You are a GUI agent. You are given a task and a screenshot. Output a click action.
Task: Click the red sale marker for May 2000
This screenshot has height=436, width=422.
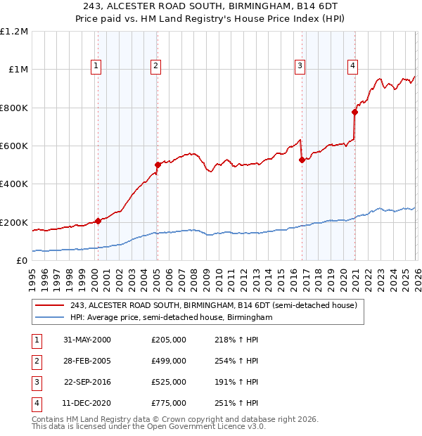pyautogui.click(x=98, y=221)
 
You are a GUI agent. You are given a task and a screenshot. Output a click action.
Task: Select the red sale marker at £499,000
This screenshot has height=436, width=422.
pyautogui.click(x=158, y=165)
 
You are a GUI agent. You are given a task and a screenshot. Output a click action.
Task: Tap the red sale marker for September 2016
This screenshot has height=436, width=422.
pyautogui.click(x=302, y=160)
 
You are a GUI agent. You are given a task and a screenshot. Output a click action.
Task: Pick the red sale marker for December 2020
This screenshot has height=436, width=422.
pyautogui.click(x=355, y=112)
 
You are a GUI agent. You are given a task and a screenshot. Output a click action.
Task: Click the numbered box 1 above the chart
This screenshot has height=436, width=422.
pyautogui.click(x=96, y=66)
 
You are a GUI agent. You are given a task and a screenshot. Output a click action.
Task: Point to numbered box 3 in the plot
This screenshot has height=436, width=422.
pyautogui.click(x=300, y=66)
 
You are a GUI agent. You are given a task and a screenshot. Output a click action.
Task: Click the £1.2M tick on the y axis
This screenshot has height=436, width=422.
pyautogui.click(x=14, y=32)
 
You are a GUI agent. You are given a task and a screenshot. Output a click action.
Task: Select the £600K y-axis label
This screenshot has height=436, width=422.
pyautogui.click(x=14, y=146)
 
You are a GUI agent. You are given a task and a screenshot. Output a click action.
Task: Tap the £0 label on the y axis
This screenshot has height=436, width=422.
pyautogui.click(x=21, y=261)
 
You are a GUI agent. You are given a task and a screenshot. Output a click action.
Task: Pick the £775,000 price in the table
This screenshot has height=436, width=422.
pyautogui.click(x=169, y=404)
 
